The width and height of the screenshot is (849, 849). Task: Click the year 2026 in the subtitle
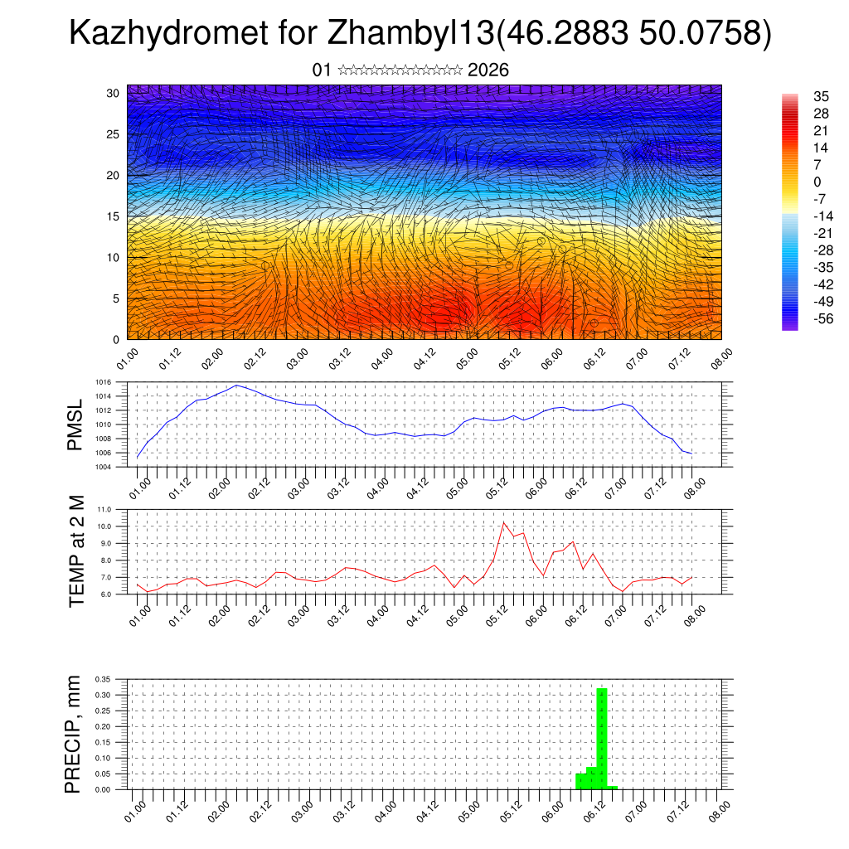488,70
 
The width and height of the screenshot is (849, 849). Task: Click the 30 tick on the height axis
114,92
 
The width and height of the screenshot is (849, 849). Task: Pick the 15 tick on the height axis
114,216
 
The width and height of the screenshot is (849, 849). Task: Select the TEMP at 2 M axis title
77,551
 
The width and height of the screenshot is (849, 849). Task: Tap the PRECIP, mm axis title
74,733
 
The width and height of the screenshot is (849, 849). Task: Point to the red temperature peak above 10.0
504,522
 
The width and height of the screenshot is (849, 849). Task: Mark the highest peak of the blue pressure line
237,385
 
